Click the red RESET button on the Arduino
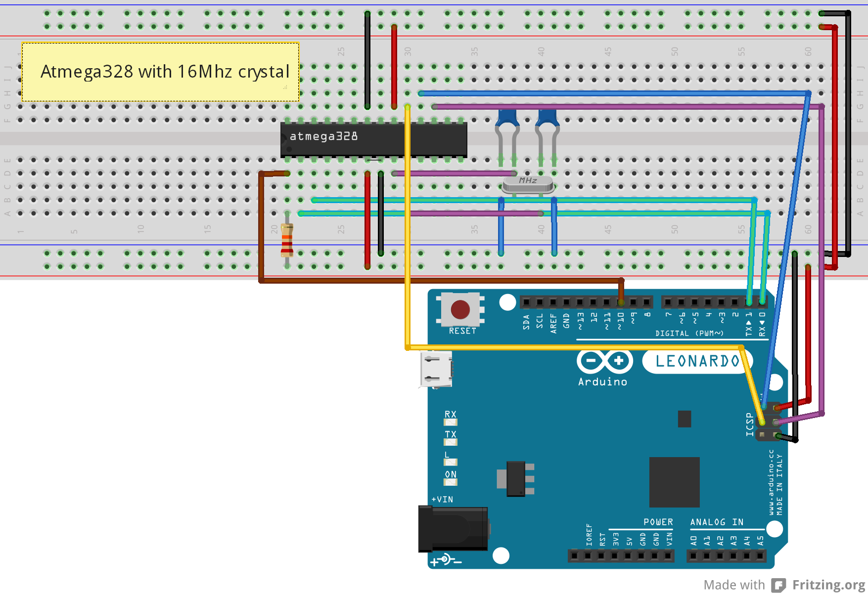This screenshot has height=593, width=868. (x=460, y=310)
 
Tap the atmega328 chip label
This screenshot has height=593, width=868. (x=323, y=136)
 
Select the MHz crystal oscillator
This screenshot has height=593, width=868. (x=528, y=184)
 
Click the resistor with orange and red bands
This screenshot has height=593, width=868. (x=287, y=240)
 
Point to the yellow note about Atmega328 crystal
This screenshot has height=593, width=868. (x=160, y=72)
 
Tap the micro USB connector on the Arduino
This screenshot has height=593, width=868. (x=436, y=369)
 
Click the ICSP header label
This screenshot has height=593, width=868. (x=750, y=424)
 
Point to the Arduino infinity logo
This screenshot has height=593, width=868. (x=604, y=361)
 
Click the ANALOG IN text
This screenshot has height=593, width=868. (x=717, y=522)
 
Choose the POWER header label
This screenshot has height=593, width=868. (x=658, y=522)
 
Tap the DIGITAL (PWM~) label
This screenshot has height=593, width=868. (x=689, y=334)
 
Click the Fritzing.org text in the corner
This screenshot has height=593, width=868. (x=828, y=585)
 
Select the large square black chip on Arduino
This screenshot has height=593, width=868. (x=674, y=482)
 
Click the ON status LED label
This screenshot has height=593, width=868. (x=450, y=474)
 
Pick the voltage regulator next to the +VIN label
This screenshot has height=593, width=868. (x=516, y=478)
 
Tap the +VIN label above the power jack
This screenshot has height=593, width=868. (x=442, y=500)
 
